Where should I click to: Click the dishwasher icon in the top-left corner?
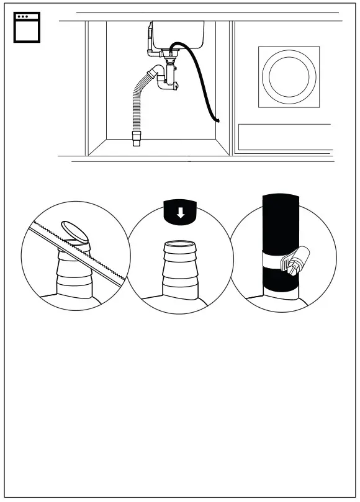27,27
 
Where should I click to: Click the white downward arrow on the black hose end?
180,213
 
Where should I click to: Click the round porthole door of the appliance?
289,77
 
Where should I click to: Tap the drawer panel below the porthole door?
284,137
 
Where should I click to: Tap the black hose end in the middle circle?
180,212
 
